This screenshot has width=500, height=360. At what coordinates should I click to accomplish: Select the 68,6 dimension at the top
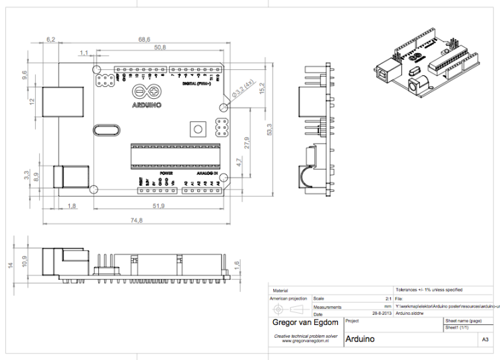(144, 40)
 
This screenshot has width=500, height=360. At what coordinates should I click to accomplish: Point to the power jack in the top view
(70, 176)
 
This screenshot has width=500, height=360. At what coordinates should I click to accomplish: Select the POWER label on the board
(157, 173)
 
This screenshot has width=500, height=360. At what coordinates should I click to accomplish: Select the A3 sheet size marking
(484, 340)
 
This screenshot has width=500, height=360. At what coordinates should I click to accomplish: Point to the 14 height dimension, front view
(10, 265)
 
